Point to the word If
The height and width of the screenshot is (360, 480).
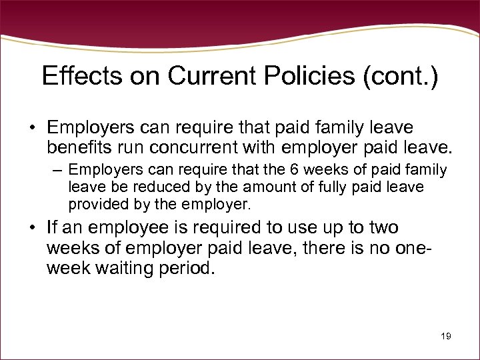(53, 227)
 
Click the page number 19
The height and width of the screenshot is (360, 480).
(446, 337)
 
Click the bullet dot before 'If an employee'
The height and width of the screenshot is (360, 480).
(33, 227)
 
